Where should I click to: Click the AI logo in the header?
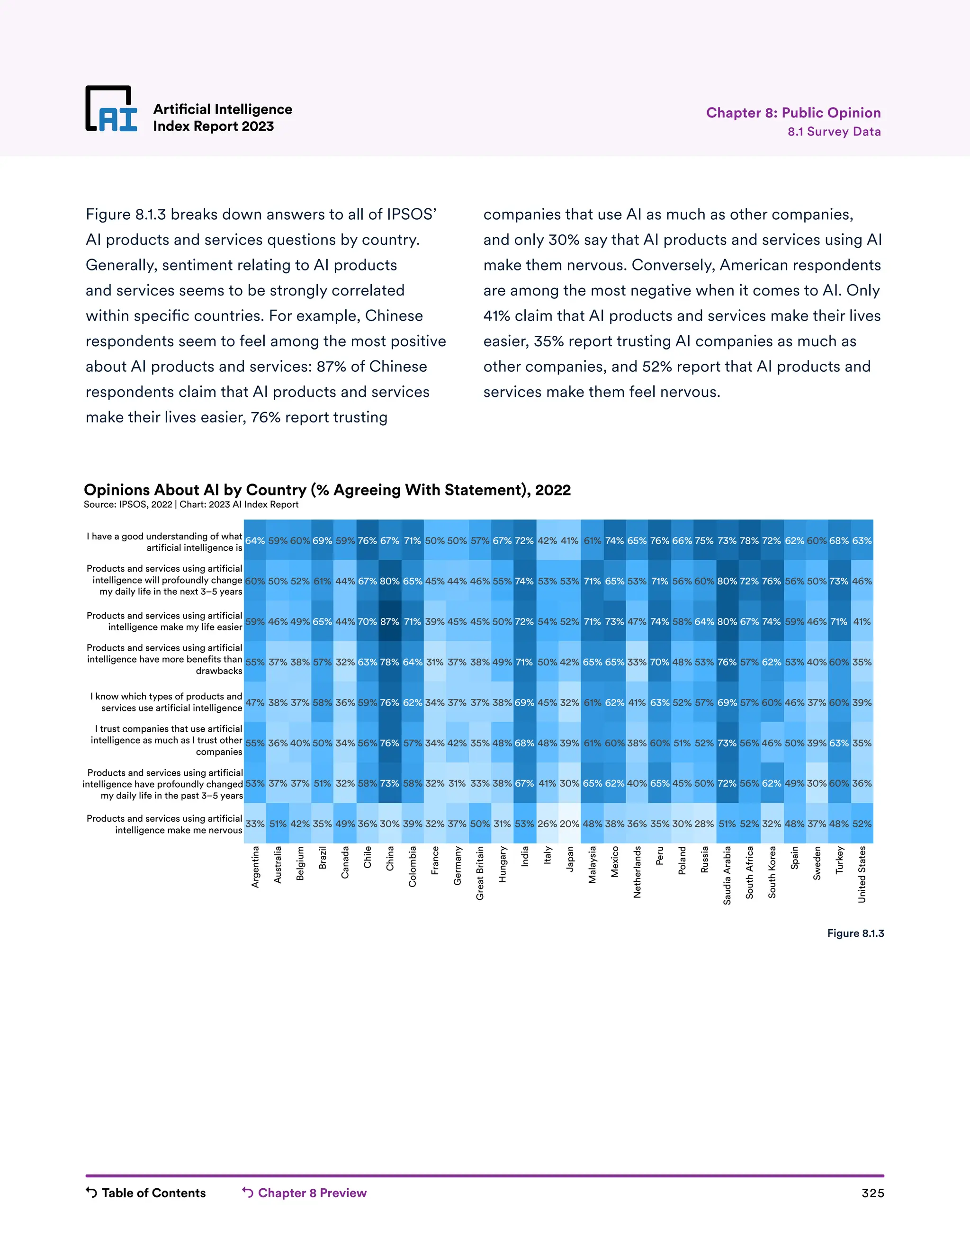(111, 109)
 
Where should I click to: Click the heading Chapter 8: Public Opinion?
(793, 113)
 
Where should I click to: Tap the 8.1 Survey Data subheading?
(834, 132)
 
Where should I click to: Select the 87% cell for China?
(390, 622)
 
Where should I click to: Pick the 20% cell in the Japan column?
(569, 824)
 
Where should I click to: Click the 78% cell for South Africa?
(749, 541)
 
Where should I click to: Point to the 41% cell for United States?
(862, 622)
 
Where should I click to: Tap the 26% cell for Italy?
(547, 824)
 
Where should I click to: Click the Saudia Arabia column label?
(727, 875)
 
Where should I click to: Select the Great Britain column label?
(480, 873)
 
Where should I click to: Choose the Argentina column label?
(255, 867)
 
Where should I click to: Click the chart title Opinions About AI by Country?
(327, 490)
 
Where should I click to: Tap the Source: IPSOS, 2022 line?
(191, 504)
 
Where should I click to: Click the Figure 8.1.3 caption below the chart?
(855, 933)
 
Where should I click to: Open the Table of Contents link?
(146, 1193)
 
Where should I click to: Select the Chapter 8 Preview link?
(305, 1193)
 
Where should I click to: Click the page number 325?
(872, 1193)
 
